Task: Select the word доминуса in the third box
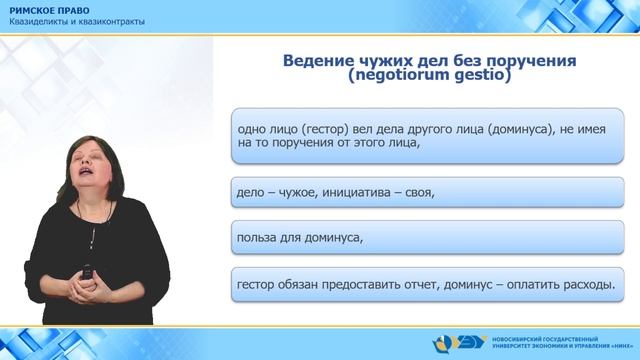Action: pyautogui.click(x=327, y=238)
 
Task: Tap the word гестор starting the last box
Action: pyautogui.click(x=259, y=285)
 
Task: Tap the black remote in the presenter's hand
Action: pyautogui.click(x=88, y=270)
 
